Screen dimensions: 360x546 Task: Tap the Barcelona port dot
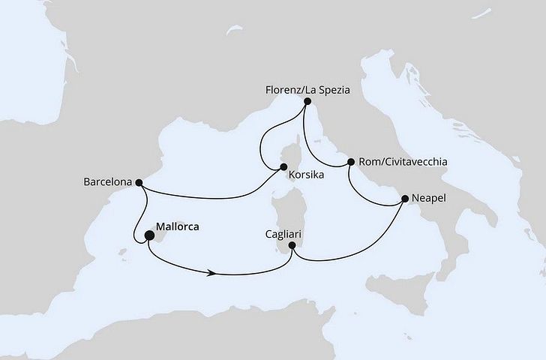coord(138,181)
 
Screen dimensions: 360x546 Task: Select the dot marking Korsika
coord(284,167)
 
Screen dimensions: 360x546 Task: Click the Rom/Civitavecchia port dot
coord(350,160)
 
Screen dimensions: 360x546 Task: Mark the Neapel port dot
coord(406,199)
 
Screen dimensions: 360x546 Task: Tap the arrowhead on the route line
coord(215,273)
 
